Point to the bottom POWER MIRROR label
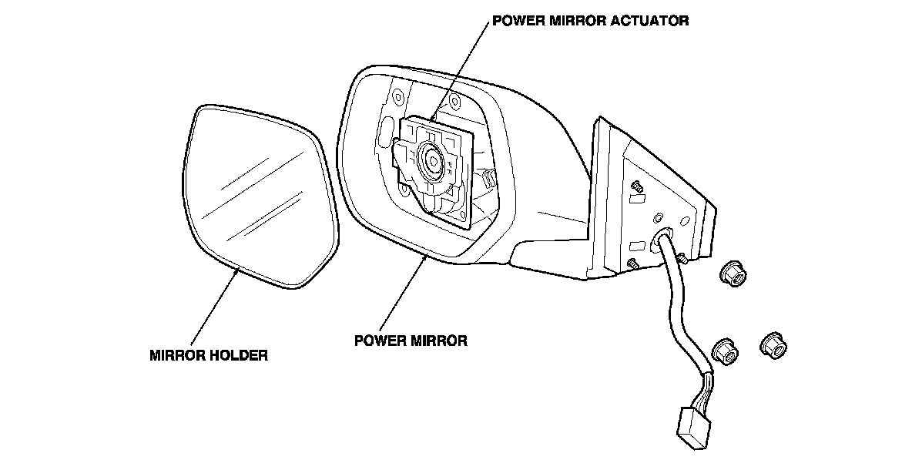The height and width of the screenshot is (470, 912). pyautogui.click(x=411, y=340)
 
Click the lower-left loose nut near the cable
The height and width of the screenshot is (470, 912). pyautogui.click(x=724, y=351)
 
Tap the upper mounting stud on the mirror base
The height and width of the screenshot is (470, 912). pyautogui.click(x=637, y=186)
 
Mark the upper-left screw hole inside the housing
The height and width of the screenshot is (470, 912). pyautogui.click(x=397, y=98)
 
